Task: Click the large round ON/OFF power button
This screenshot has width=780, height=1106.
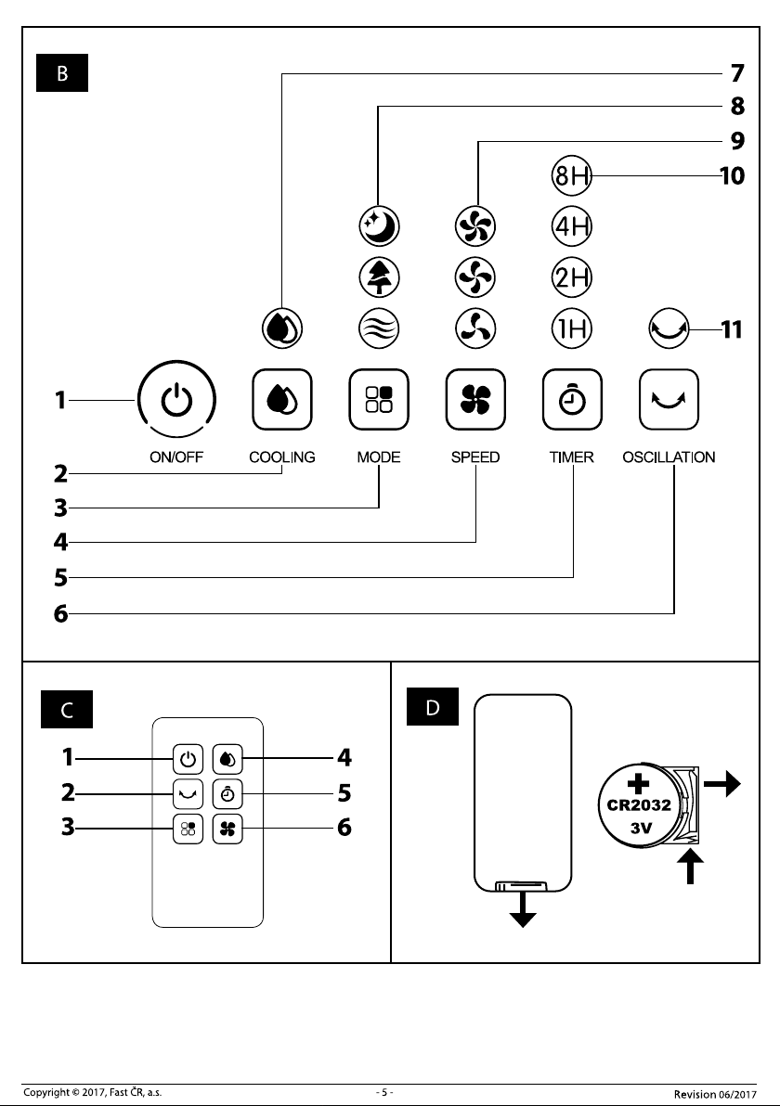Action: (x=176, y=400)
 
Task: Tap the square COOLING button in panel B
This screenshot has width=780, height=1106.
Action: (x=282, y=399)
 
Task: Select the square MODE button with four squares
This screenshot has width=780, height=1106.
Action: (x=379, y=399)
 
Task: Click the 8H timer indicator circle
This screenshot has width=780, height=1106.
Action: (x=572, y=175)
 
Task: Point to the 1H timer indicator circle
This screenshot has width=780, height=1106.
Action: (x=572, y=328)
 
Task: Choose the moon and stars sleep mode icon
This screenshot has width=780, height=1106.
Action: (x=379, y=225)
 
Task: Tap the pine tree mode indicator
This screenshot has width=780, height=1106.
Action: (x=379, y=276)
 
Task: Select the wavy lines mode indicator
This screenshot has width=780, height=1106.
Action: (x=379, y=328)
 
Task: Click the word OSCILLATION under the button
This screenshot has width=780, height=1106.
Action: (x=669, y=457)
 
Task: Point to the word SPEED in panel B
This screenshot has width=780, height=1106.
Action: (x=475, y=457)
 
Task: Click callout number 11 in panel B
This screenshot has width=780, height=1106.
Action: (x=732, y=329)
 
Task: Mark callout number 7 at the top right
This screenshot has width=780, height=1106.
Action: (x=737, y=72)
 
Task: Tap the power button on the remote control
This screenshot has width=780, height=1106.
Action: (x=188, y=759)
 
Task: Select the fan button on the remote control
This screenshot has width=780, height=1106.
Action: (x=227, y=829)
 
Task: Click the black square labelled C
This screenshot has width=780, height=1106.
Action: (x=67, y=710)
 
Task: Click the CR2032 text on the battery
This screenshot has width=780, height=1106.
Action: (x=639, y=804)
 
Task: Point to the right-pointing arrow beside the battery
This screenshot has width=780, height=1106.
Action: (x=722, y=783)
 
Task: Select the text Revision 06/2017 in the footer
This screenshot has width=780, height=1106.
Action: (x=715, y=1094)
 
